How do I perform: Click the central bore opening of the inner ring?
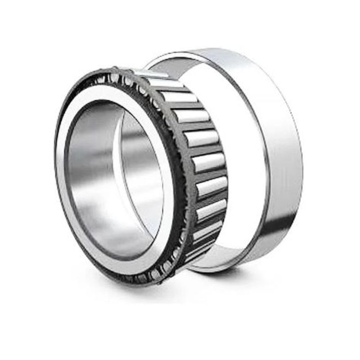coord(115,180)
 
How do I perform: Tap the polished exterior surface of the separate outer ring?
coord(279,148)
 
